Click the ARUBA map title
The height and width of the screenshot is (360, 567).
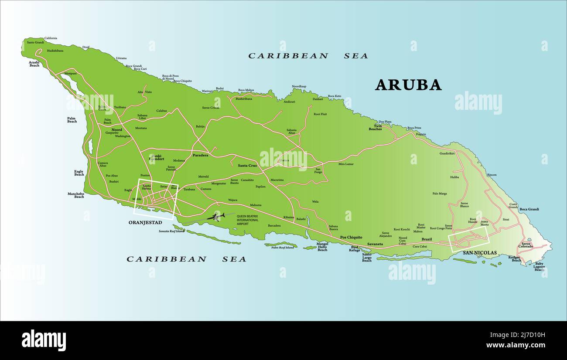pos(408,85)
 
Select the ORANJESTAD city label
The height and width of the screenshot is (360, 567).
pos(145,222)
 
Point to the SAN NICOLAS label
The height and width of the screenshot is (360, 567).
pos(480,253)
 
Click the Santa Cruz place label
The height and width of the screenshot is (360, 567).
pos(247,166)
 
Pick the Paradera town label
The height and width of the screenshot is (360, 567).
pos(200,155)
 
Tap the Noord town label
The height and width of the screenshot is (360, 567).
pos(116,130)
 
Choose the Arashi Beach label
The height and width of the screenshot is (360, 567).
pos(34,64)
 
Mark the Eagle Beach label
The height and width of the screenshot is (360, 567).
pos(79,173)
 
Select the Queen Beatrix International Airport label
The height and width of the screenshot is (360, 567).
pos(247,220)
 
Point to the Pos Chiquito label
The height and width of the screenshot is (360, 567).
pos(351,238)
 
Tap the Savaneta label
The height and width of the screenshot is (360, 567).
pos(375,244)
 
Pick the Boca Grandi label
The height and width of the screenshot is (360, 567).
pos(529,209)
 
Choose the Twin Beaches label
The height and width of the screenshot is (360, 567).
pos(376,128)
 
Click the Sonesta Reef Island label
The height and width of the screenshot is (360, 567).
pos(171,231)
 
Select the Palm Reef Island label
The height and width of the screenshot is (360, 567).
pos(283,248)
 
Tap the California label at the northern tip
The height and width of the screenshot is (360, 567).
pos(51,38)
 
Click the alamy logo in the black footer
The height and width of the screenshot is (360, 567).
pos(44,340)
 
